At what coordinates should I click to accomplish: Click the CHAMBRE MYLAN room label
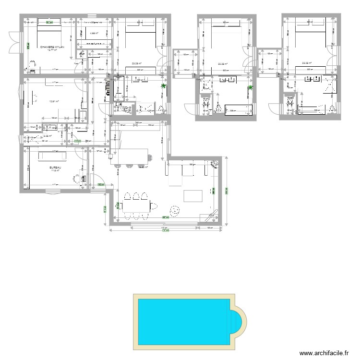click(52, 47)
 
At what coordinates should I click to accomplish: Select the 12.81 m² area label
click(53, 101)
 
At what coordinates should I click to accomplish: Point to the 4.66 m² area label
click(95, 34)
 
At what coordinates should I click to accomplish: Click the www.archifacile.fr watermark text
click(323, 353)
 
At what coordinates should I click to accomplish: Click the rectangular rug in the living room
click(194, 196)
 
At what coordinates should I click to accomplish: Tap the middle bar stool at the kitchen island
click(129, 166)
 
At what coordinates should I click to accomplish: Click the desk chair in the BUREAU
click(76, 178)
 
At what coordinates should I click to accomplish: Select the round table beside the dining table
click(174, 210)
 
